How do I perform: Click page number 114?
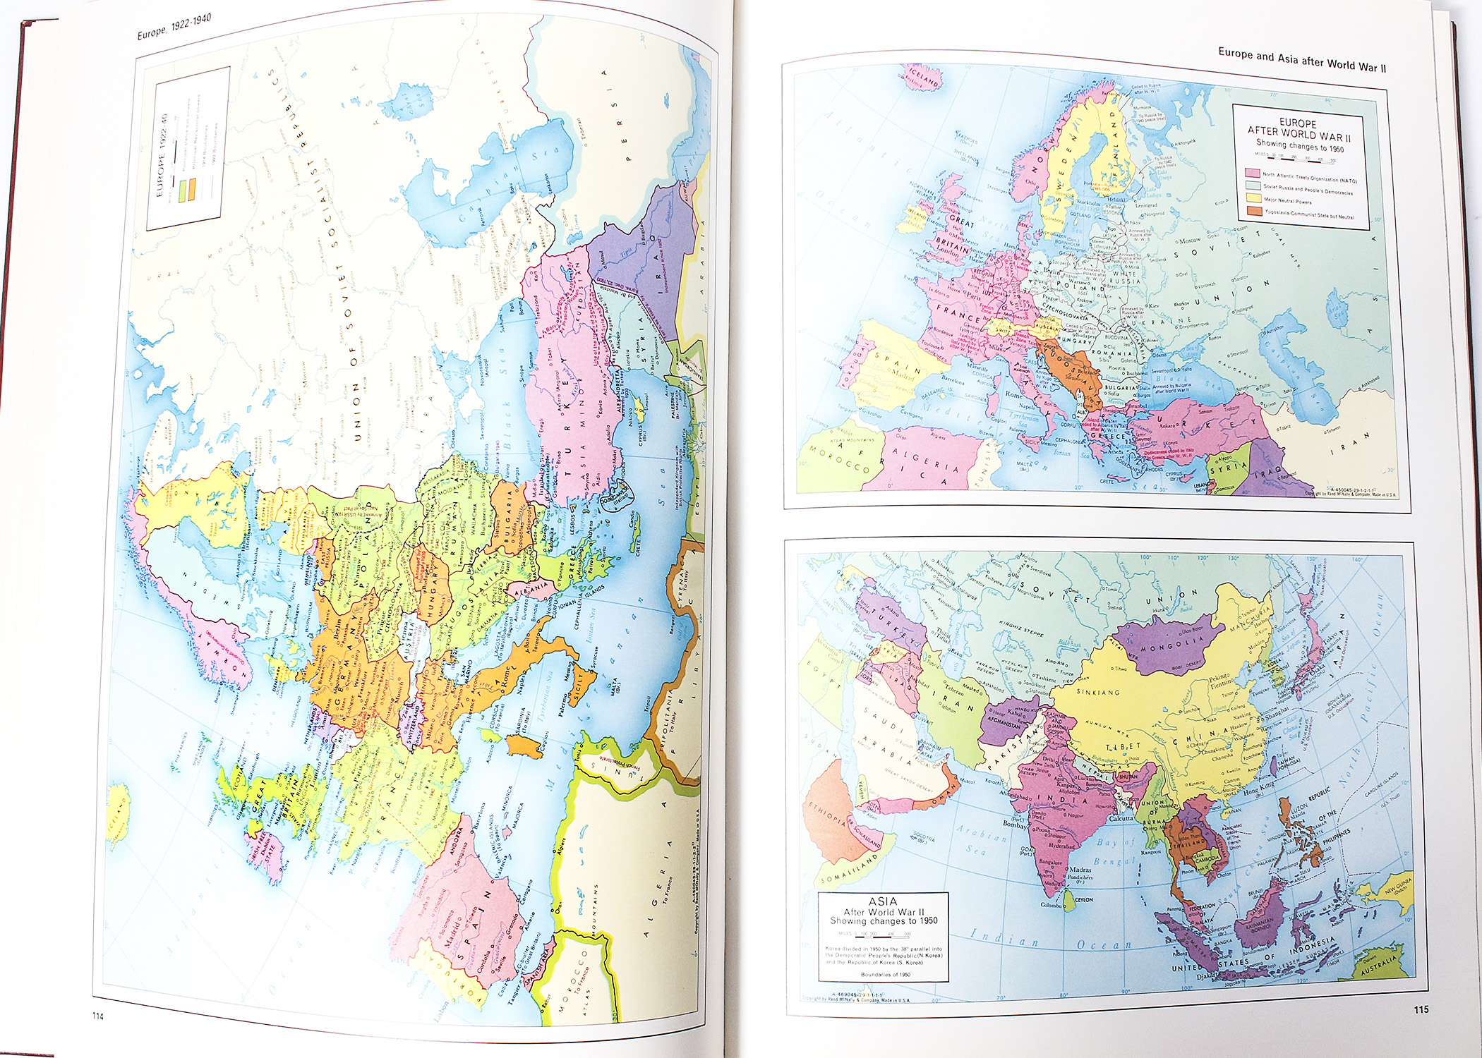pyautogui.click(x=97, y=1016)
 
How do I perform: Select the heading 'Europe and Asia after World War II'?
pyautogui.click(x=1302, y=60)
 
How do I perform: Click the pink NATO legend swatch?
pyautogui.click(x=1253, y=172)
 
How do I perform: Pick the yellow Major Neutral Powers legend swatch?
pyautogui.click(x=1253, y=198)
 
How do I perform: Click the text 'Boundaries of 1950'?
pyautogui.click(x=885, y=975)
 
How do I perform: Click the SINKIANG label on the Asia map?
pyautogui.click(x=1098, y=692)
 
